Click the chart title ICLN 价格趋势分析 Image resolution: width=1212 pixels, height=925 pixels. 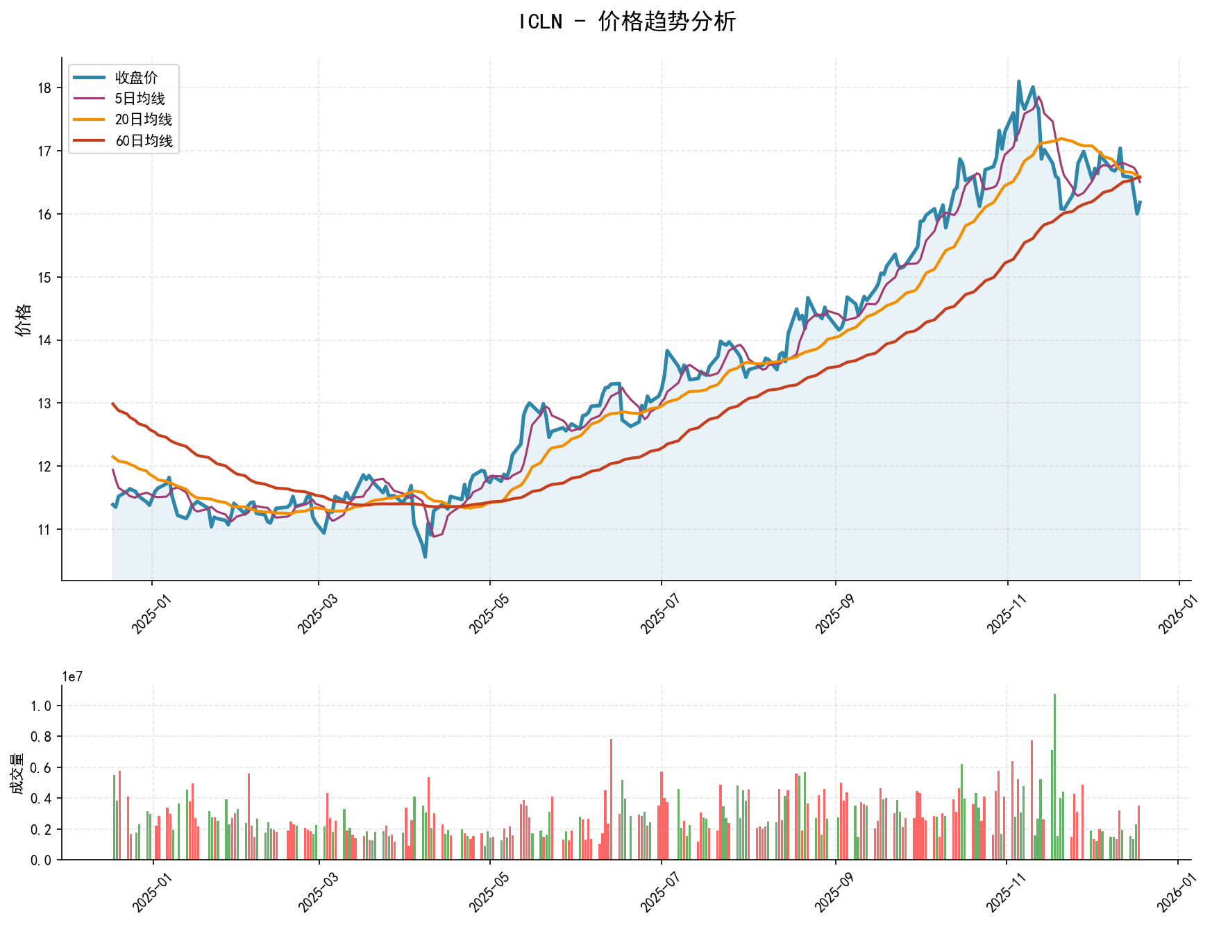click(x=627, y=22)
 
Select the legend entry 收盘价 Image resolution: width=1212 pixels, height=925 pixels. click(x=136, y=78)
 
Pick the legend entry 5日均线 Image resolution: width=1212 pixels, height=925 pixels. click(x=140, y=99)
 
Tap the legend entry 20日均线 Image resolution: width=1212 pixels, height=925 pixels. click(x=143, y=119)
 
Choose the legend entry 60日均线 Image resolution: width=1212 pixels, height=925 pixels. click(x=143, y=141)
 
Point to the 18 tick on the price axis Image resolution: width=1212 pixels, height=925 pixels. click(x=45, y=88)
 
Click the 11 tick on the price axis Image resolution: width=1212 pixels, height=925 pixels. click(x=45, y=530)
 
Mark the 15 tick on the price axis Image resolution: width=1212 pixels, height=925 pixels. click(x=45, y=278)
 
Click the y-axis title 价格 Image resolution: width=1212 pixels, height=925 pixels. click(x=24, y=319)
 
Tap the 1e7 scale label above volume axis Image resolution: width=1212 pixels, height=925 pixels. click(x=72, y=677)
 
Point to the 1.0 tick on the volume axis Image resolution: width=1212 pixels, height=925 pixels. click(x=41, y=706)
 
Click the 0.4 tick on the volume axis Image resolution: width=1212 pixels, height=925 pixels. click(x=41, y=799)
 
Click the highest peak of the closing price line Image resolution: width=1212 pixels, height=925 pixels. click(x=1018, y=82)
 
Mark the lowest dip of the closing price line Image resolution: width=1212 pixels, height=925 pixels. click(x=425, y=556)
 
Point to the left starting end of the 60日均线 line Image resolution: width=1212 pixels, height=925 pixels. click(x=113, y=403)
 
